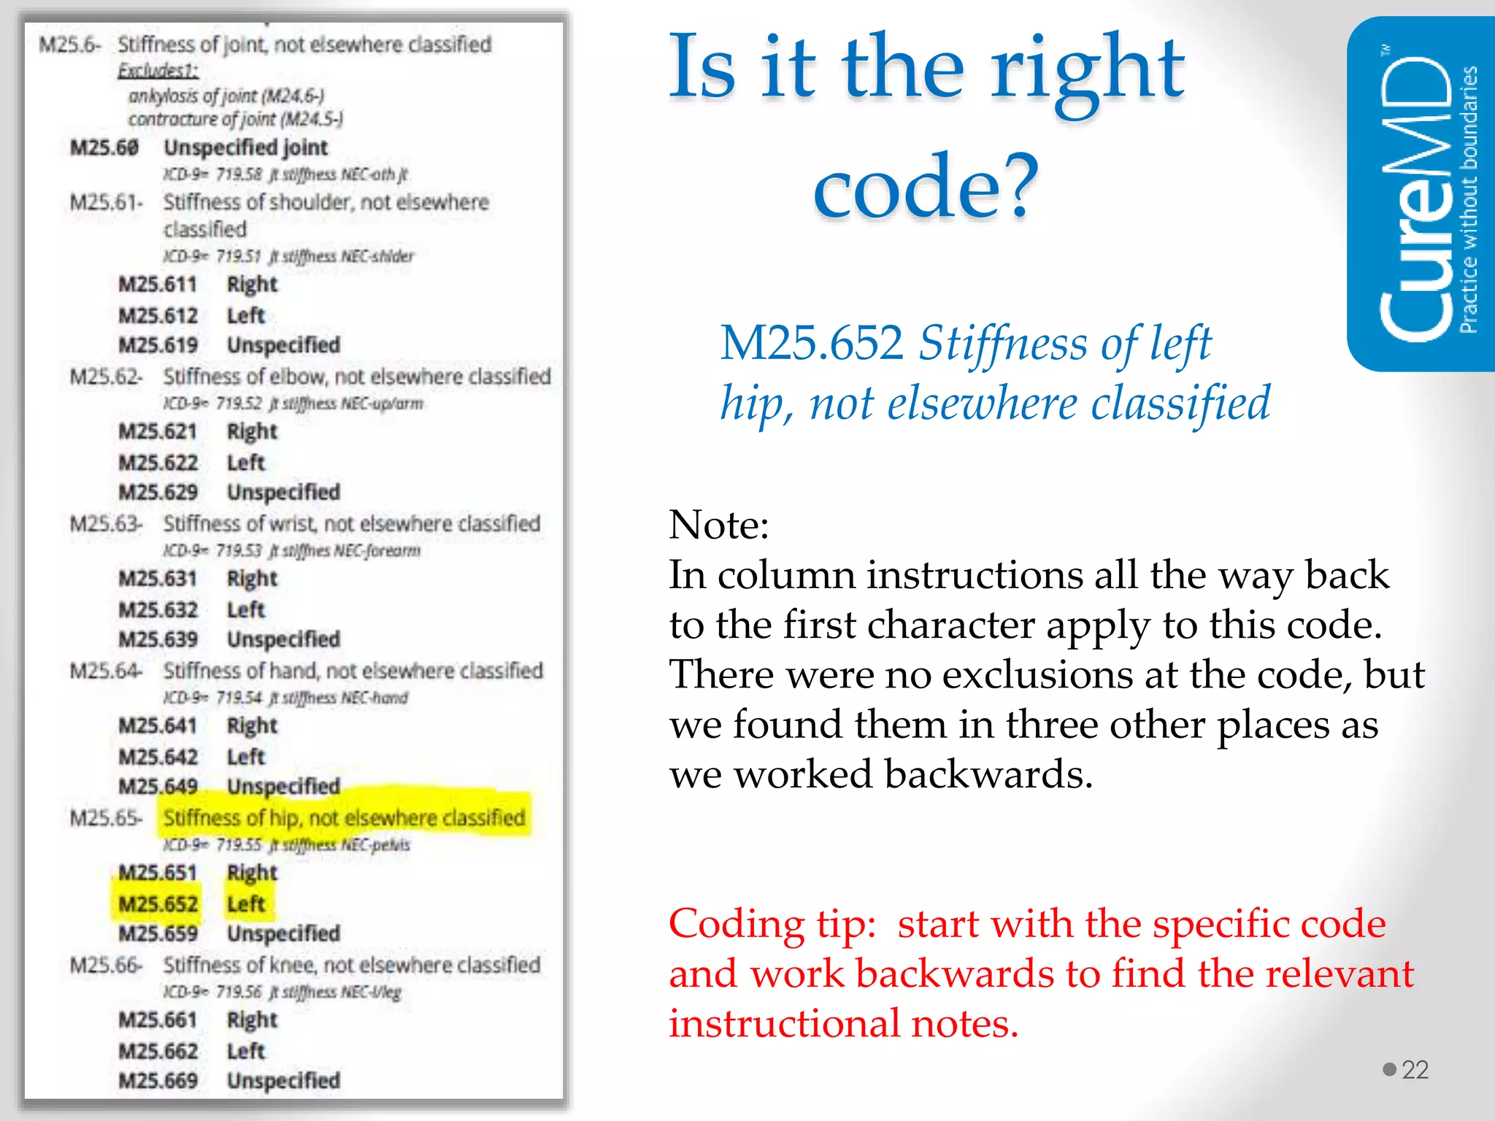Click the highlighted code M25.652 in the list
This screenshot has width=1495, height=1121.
(158, 904)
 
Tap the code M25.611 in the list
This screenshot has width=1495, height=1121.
(158, 284)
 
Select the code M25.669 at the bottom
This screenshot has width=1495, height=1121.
(158, 1080)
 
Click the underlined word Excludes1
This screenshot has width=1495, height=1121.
(158, 71)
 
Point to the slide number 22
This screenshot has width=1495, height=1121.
(1415, 1070)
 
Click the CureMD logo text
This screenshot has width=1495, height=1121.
(1416, 197)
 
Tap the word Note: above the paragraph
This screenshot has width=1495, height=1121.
(719, 524)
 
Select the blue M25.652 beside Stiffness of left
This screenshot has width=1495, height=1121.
(811, 342)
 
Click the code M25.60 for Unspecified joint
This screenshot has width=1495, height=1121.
(104, 147)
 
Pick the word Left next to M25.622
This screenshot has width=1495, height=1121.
(246, 463)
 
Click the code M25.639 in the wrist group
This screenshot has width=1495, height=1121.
(158, 639)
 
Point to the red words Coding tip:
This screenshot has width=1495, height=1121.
(772, 924)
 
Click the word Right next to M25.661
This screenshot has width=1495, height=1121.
(252, 1020)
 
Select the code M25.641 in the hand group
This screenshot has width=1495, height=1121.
(158, 725)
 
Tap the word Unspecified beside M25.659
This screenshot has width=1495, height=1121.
(283, 933)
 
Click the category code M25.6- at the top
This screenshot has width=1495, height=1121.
(69, 45)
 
